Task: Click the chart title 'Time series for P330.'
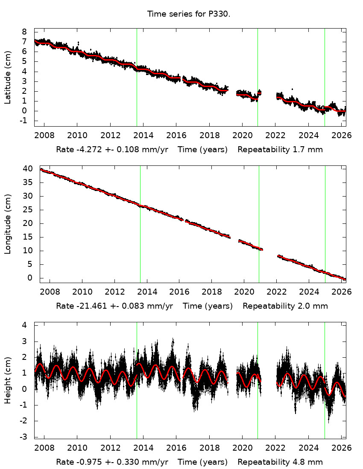point(189,14)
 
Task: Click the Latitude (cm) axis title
point(8,77)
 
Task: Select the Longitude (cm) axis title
point(8,224)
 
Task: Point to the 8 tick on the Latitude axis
point(24,32)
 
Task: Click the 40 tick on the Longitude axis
point(27,169)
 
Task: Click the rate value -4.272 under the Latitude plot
point(88,150)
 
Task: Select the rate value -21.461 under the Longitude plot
point(91,306)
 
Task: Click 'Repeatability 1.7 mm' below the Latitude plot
point(280,150)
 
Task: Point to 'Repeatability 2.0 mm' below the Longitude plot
point(285,306)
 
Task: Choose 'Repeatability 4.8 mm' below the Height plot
point(280,462)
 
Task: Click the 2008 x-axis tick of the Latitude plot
point(44,136)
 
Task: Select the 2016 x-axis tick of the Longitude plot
point(179,292)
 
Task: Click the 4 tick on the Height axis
point(24,325)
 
